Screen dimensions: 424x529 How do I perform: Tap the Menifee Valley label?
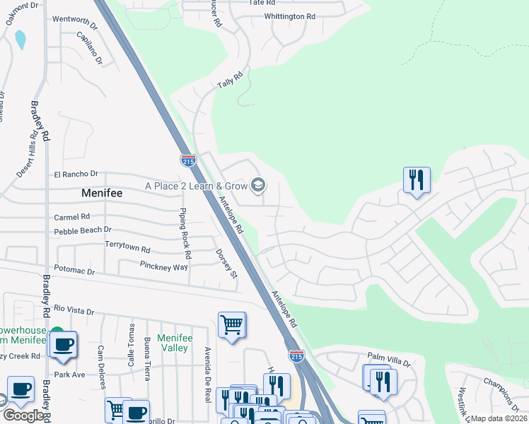point(173,343)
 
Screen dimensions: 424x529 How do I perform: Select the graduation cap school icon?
point(258,186)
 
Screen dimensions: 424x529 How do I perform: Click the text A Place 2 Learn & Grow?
point(196,186)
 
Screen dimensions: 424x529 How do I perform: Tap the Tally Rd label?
point(230,79)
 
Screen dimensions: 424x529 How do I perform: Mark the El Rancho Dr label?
point(76,174)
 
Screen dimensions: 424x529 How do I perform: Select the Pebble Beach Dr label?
point(83,230)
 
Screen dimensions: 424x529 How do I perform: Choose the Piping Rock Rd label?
point(185,234)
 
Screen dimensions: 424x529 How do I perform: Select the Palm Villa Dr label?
point(388,359)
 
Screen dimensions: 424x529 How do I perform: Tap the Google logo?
point(23,415)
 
